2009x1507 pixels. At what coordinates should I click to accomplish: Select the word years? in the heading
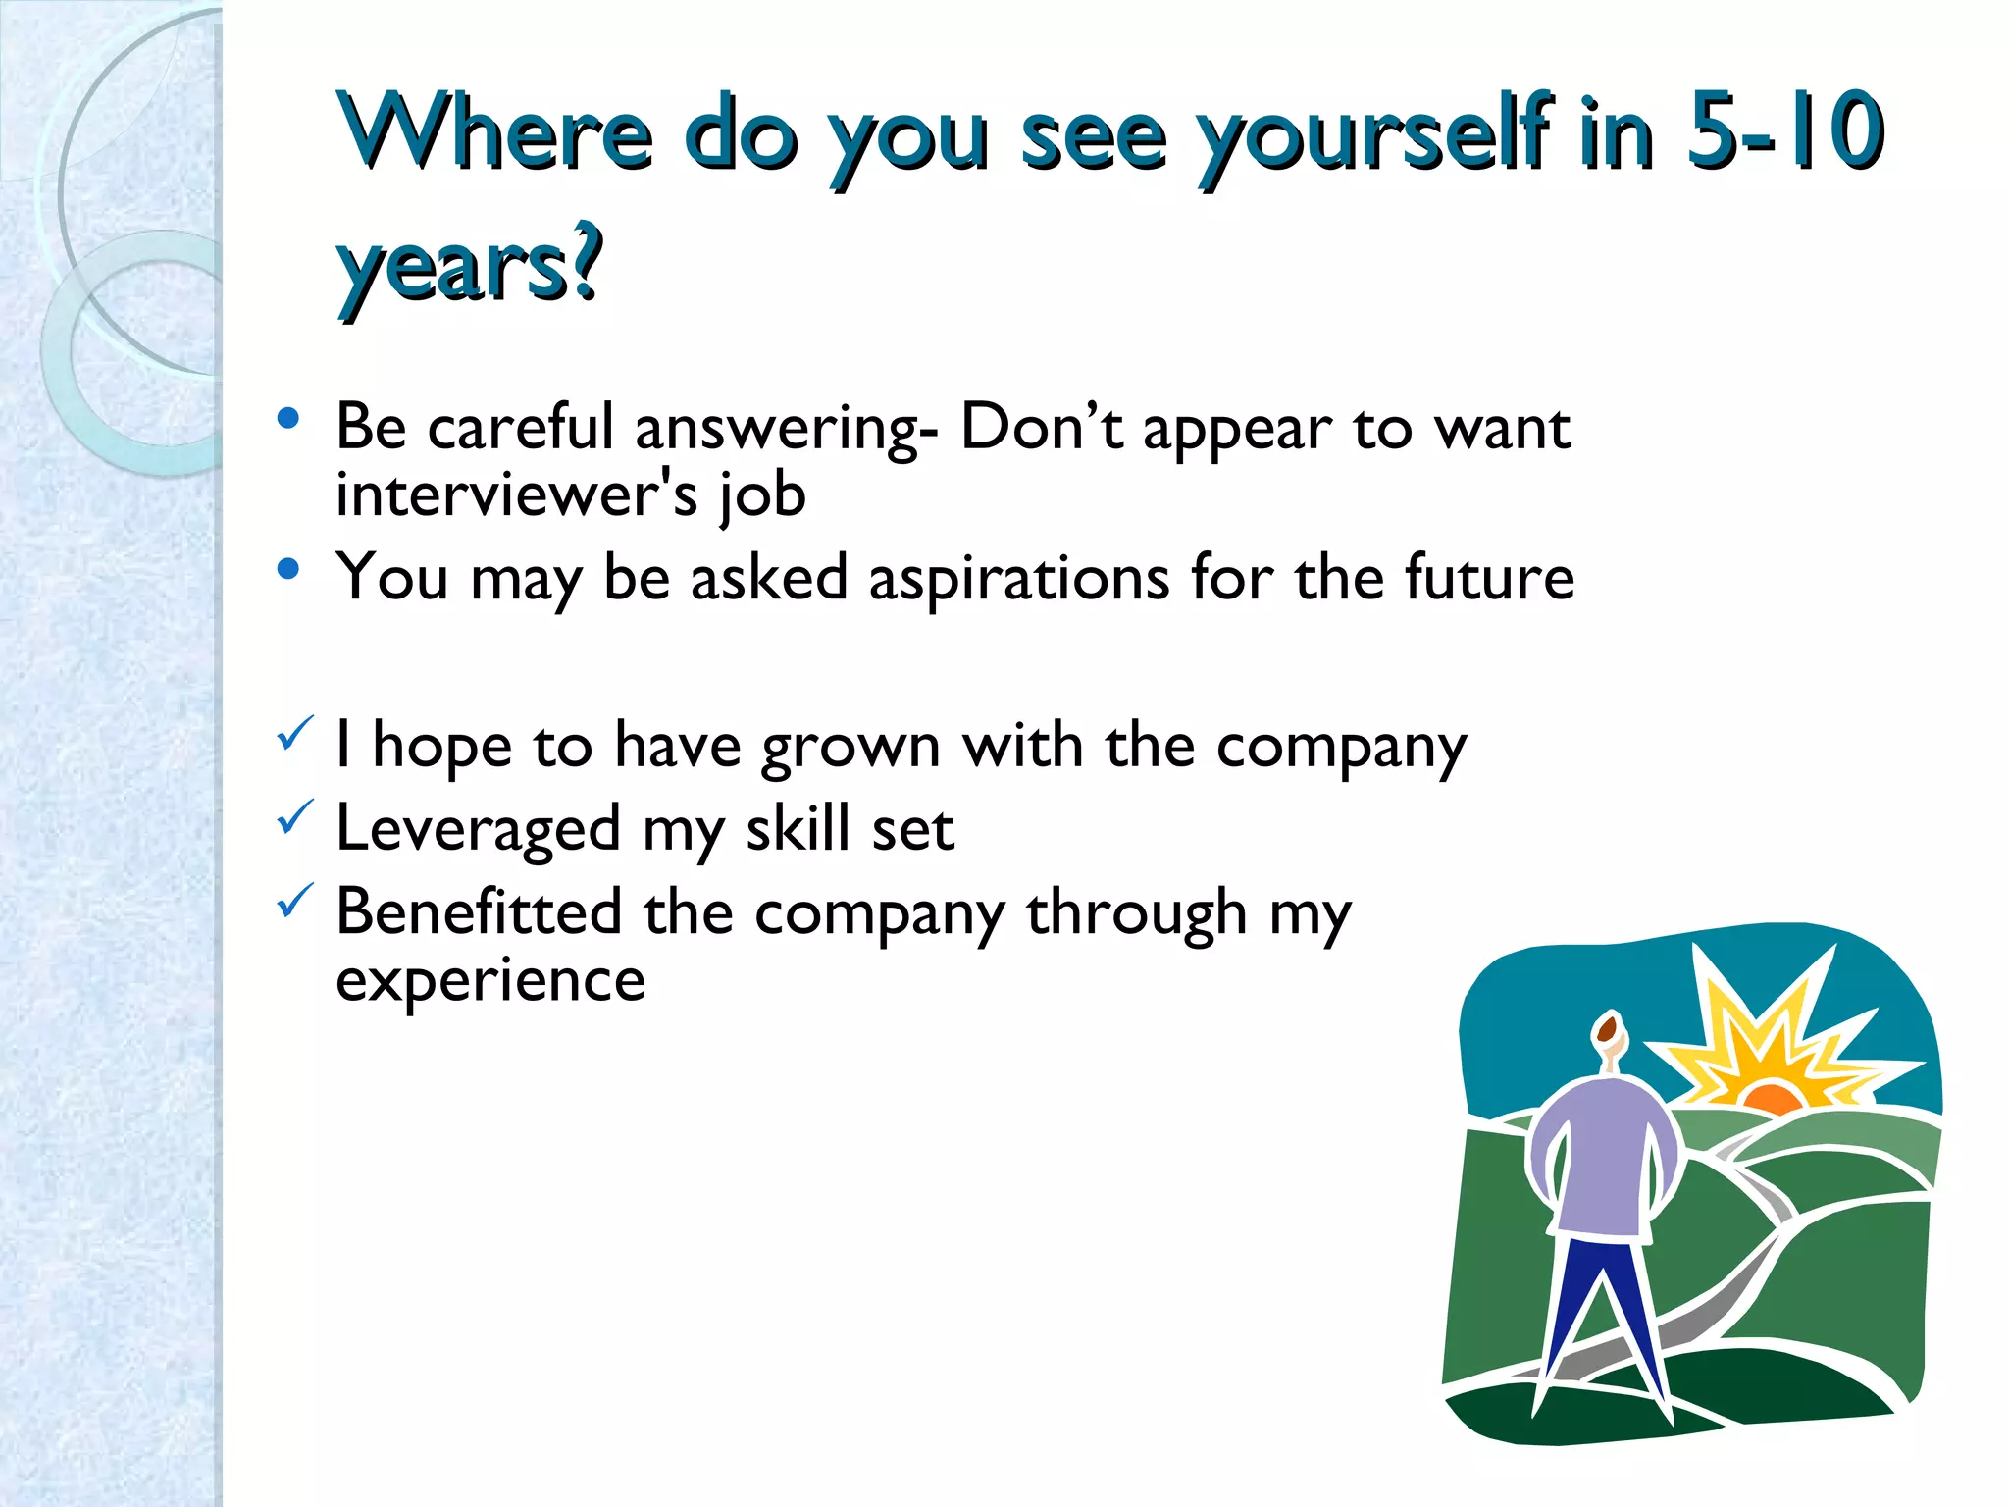pyautogui.click(x=469, y=265)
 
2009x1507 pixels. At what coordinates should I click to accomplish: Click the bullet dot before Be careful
pyautogui.click(x=287, y=420)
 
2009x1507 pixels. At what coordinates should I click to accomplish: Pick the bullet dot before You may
pyautogui.click(x=287, y=569)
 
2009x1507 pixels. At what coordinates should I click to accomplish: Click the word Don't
pyautogui.click(x=1041, y=428)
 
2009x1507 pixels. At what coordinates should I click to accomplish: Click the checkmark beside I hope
pyautogui.click(x=294, y=733)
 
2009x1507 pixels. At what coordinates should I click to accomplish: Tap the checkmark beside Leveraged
pyautogui.click(x=294, y=816)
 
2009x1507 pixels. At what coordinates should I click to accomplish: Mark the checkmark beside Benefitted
pyautogui.click(x=294, y=900)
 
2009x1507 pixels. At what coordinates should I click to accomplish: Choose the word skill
pyautogui.click(x=797, y=829)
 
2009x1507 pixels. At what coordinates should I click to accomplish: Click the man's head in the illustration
pyautogui.click(x=1607, y=1030)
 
